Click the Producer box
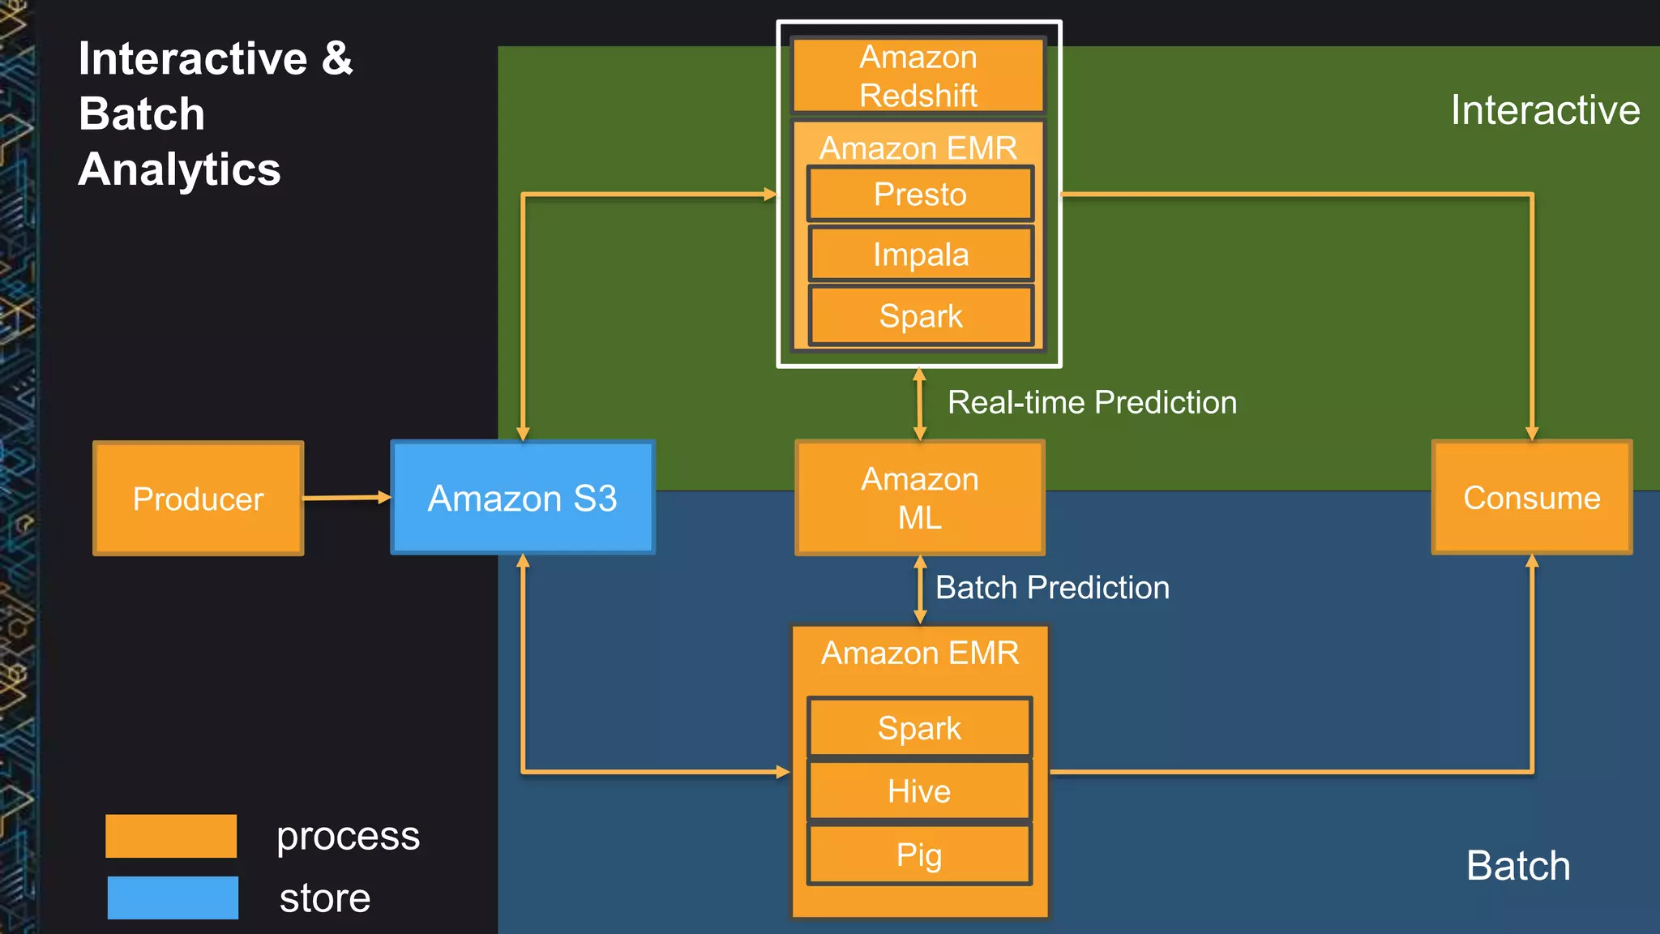coord(199,498)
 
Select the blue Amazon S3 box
coord(523,498)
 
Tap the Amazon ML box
coord(919,498)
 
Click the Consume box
coord(1531,498)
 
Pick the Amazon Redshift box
coord(918,75)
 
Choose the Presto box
coord(920,195)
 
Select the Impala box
coord(920,255)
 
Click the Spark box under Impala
coord(920,315)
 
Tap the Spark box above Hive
coord(919,727)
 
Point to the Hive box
coord(919,790)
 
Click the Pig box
coord(919,855)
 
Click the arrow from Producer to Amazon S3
coord(347,497)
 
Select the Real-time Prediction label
coord(1092,403)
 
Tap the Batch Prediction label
coord(1052,588)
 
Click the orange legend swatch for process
coord(171,836)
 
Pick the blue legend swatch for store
coord(173,898)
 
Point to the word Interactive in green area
coord(1544,110)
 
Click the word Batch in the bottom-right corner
coord(1517,866)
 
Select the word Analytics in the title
coord(179,169)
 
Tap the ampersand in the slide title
coord(337,58)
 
